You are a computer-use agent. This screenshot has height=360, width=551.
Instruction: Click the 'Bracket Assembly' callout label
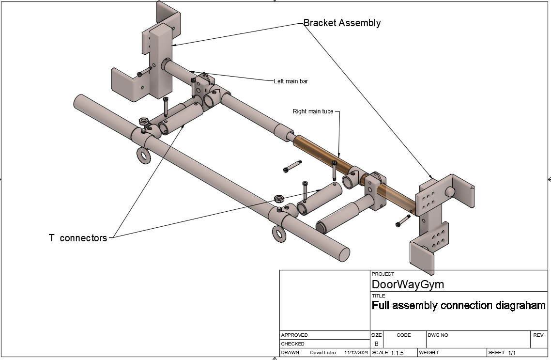(x=342, y=23)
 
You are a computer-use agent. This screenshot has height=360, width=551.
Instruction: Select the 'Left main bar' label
(x=291, y=81)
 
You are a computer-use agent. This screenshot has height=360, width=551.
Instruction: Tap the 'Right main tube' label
(x=313, y=111)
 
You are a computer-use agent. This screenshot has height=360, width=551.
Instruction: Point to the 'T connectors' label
(x=78, y=238)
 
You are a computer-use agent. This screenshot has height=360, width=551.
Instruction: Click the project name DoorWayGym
(x=408, y=284)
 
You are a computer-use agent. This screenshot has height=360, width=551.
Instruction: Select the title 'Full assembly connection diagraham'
(x=459, y=305)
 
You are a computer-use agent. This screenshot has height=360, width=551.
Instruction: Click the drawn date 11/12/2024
(x=356, y=352)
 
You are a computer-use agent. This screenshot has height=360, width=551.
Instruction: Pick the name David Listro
(x=322, y=352)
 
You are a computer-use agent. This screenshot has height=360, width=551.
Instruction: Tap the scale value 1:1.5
(x=398, y=353)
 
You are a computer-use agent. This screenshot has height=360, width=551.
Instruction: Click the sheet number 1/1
(x=512, y=353)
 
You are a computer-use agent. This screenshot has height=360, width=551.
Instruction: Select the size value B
(x=376, y=344)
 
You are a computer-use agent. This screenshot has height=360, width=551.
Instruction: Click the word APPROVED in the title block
(x=294, y=335)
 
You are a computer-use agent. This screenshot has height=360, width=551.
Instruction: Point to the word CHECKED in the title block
(x=293, y=344)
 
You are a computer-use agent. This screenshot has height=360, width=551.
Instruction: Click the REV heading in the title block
(x=538, y=335)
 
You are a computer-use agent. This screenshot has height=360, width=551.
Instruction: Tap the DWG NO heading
(x=438, y=335)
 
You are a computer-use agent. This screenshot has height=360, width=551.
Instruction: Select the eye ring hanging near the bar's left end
(x=144, y=156)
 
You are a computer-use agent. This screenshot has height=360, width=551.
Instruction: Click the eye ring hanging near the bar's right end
(x=279, y=234)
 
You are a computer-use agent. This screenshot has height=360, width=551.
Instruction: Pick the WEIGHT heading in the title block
(x=429, y=352)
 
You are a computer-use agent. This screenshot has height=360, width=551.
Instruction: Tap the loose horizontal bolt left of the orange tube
(x=292, y=166)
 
